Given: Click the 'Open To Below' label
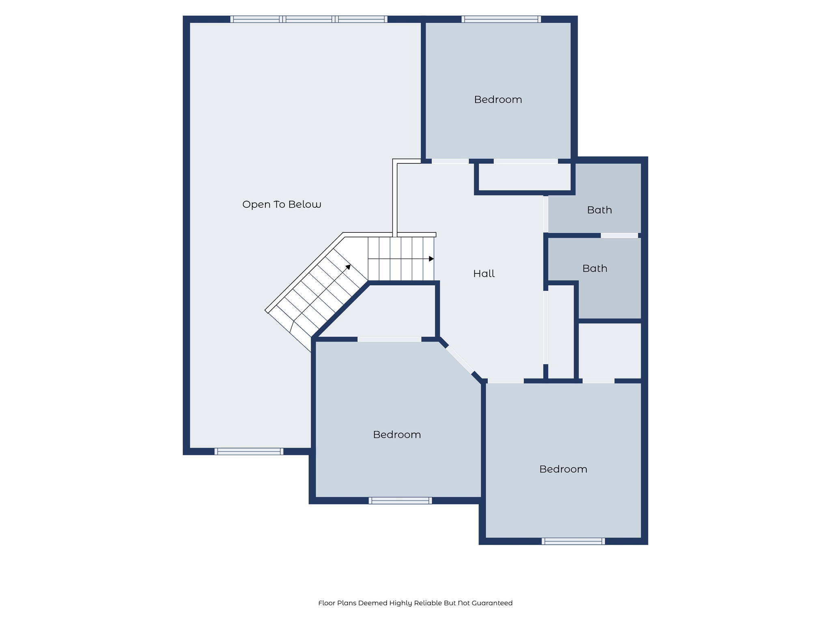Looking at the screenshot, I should (282, 204).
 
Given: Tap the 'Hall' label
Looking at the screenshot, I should (484, 274).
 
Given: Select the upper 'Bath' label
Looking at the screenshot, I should (599, 210).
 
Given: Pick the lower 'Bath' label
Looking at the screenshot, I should (594, 269).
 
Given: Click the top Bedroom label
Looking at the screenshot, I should (498, 100).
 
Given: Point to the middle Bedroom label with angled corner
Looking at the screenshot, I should (397, 435).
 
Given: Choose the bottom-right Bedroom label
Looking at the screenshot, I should (563, 469).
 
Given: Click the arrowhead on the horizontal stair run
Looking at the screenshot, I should (431, 259).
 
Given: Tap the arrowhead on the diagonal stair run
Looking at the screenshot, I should (348, 267).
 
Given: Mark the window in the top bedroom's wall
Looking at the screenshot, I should (501, 19).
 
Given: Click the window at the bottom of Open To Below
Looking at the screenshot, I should (249, 451).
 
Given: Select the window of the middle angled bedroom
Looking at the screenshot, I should (400, 500).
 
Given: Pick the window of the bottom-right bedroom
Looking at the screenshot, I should (573, 541).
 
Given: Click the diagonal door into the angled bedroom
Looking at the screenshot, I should (460, 360).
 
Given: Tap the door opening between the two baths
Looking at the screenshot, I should (619, 236).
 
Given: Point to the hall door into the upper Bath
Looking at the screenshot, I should (546, 214).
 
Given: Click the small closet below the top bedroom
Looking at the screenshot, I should (525, 177).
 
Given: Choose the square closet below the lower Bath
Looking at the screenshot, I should (609, 351).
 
